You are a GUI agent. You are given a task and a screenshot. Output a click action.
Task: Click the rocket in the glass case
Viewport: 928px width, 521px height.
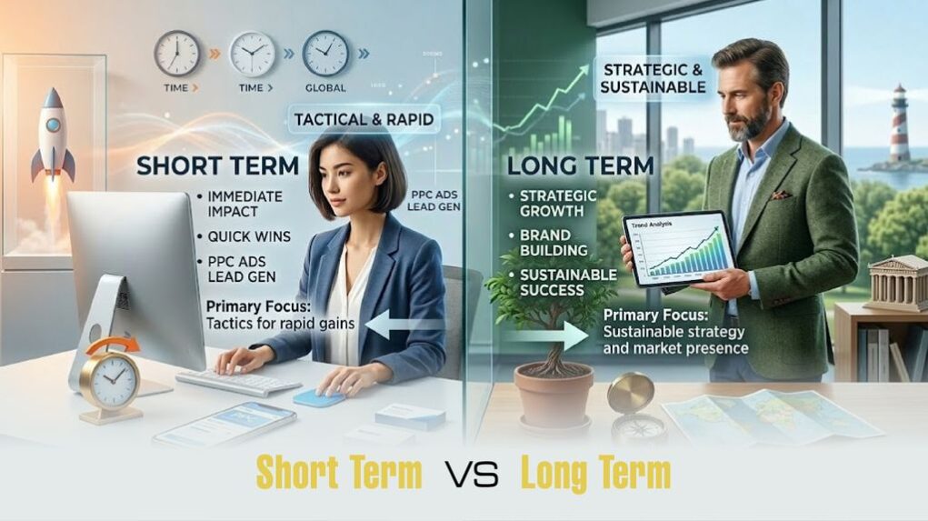click(x=51, y=136)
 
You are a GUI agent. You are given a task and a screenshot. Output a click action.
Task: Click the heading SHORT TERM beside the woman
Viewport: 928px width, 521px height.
click(x=218, y=166)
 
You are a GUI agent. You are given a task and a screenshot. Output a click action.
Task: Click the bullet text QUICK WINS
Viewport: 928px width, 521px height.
click(x=248, y=236)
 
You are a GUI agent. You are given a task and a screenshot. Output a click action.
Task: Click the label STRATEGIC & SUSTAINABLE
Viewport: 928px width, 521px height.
click(x=653, y=78)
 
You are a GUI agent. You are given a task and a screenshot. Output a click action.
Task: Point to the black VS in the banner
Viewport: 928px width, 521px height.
click(x=472, y=475)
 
